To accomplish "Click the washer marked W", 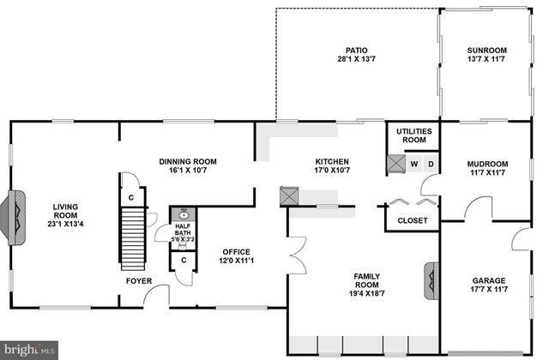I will tap(413, 164).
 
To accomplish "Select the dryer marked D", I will tap(431, 164).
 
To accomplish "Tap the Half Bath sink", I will tap(184, 215).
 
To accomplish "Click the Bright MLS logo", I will tap(29, 349).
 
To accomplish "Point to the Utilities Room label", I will tap(414, 135).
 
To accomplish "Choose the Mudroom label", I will tap(487, 164).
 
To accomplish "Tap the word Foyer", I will tap(139, 280).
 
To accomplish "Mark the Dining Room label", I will tap(188, 161).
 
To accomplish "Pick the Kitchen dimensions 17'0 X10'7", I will tap(332, 170).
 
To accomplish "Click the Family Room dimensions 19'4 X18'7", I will tap(367, 294).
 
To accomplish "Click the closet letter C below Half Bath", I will tap(184, 261).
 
